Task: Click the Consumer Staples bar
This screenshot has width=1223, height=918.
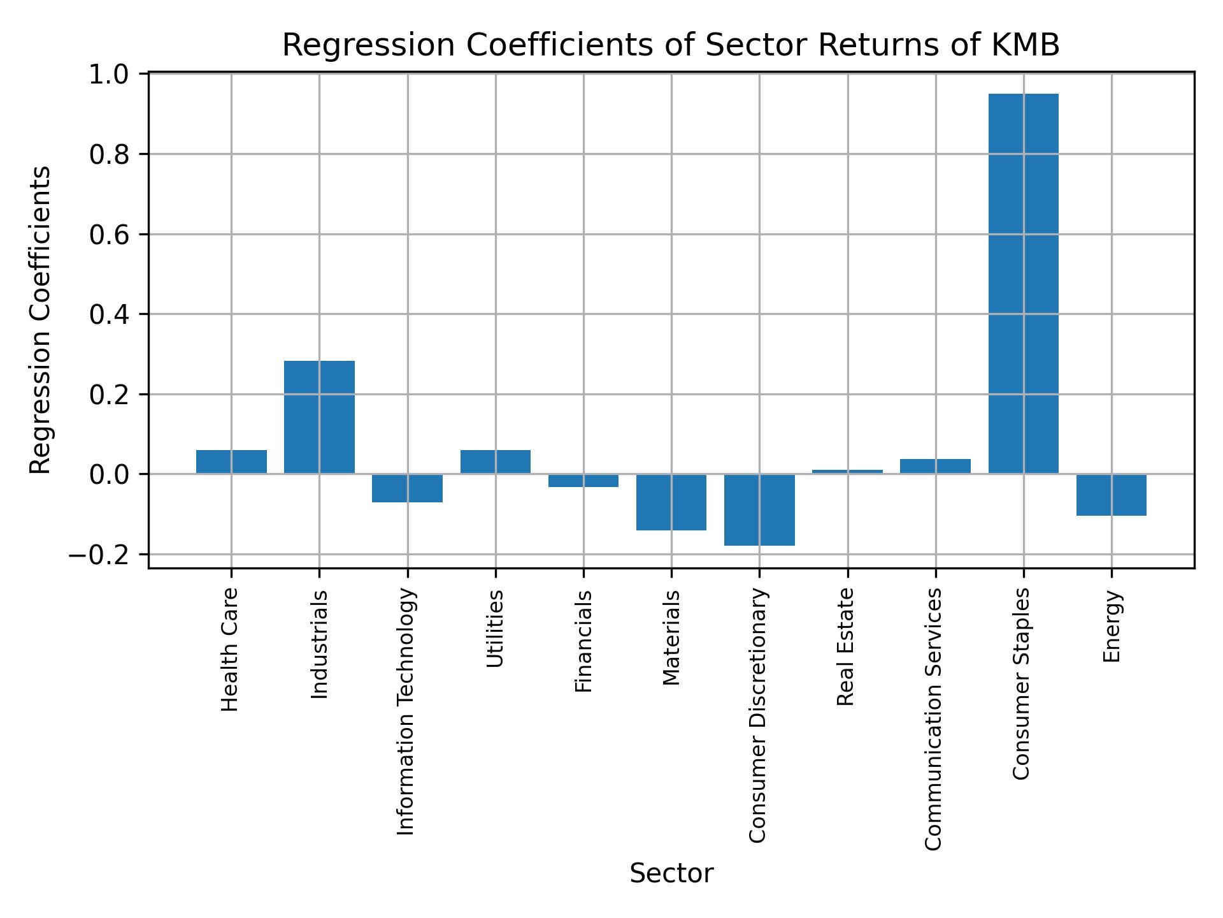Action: click(x=1023, y=284)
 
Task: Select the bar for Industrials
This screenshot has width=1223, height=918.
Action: click(x=319, y=418)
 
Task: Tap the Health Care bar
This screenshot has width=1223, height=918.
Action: click(x=231, y=462)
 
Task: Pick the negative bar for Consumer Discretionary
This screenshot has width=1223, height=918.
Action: click(x=759, y=510)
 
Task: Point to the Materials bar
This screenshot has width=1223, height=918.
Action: click(x=671, y=502)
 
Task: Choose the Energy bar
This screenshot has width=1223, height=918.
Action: click(x=1111, y=495)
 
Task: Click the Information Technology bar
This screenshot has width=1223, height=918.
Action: click(x=407, y=488)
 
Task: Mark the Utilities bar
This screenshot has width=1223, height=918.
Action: click(x=496, y=462)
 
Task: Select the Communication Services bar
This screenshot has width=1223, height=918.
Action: click(x=935, y=466)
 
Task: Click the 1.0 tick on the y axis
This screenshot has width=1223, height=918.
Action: click(x=114, y=75)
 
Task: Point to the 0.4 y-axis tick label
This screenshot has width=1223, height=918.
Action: click(x=114, y=315)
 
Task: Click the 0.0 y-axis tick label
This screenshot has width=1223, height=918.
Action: click(x=114, y=475)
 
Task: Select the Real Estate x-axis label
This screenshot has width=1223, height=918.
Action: click(x=845, y=646)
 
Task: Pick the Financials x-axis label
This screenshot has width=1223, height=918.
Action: click(x=583, y=641)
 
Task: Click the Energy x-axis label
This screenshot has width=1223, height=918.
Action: click(x=1112, y=626)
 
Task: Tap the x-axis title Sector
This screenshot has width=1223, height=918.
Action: click(x=671, y=873)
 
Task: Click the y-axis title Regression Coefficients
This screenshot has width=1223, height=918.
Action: click(x=41, y=320)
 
